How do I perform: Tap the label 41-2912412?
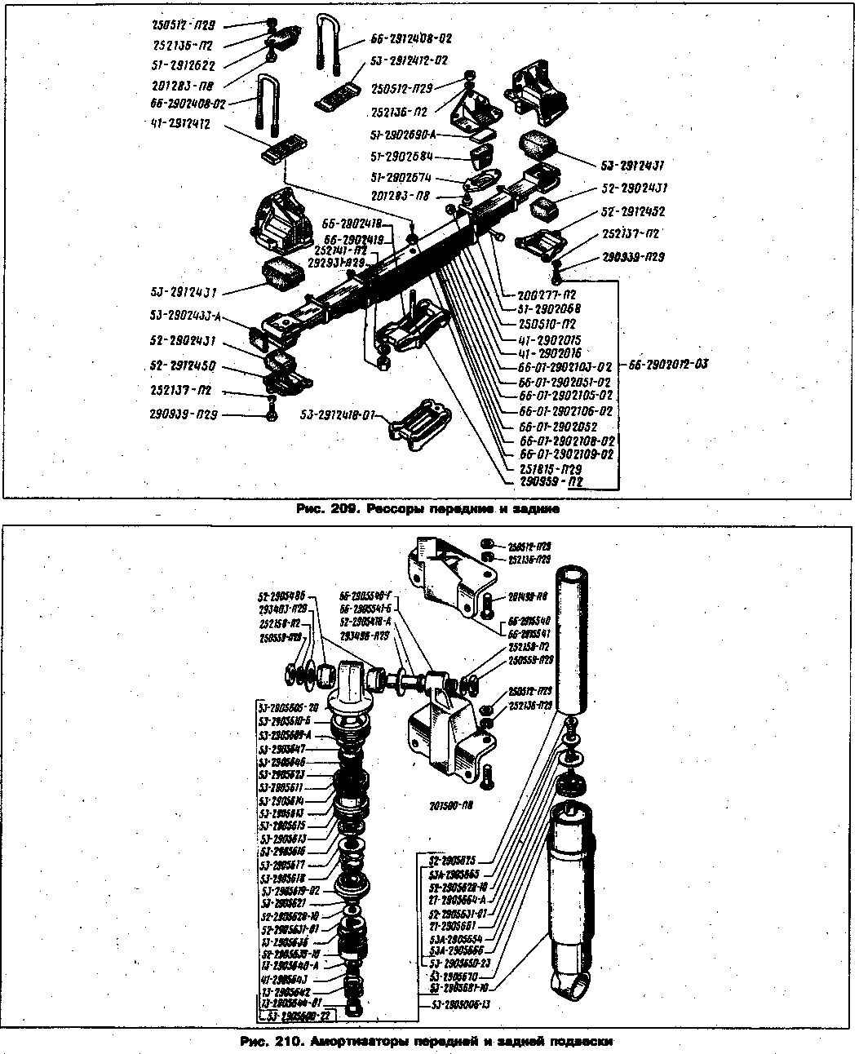(x=181, y=125)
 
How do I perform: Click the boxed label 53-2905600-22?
(x=297, y=1015)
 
